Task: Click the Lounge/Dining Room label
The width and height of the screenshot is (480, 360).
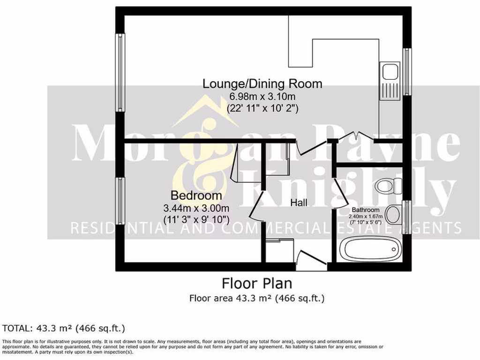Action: (262, 84)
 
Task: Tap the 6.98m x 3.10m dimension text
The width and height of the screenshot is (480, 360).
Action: (262, 97)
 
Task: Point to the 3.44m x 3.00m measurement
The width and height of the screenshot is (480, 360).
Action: (196, 208)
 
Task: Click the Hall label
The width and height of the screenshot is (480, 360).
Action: (299, 203)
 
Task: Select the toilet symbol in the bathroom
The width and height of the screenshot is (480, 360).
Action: (386, 186)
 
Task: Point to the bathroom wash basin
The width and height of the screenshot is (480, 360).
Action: (395, 215)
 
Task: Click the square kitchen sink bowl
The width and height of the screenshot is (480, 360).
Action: (390, 72)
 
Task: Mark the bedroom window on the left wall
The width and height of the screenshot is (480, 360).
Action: (120, 201)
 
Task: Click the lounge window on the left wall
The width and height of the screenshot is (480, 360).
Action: (121, 73)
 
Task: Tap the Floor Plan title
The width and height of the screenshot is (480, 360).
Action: (256, 284)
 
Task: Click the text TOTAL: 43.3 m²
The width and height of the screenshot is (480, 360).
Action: (64, 328)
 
